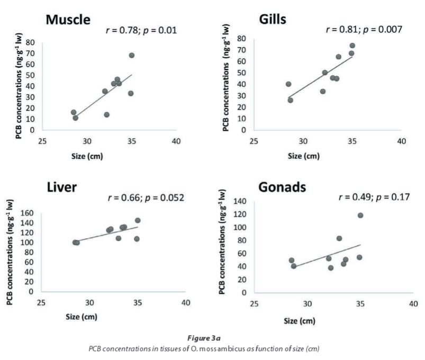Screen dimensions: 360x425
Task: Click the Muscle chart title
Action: pos(68,20)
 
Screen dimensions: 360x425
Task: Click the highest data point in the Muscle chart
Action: pos(132,55)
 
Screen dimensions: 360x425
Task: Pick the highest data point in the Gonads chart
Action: pos(360,215)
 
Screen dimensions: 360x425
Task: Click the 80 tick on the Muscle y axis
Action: pos(32,42)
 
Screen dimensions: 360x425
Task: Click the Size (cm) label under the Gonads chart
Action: pos(300,321)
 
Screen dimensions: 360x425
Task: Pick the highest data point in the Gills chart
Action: pos(352,46)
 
